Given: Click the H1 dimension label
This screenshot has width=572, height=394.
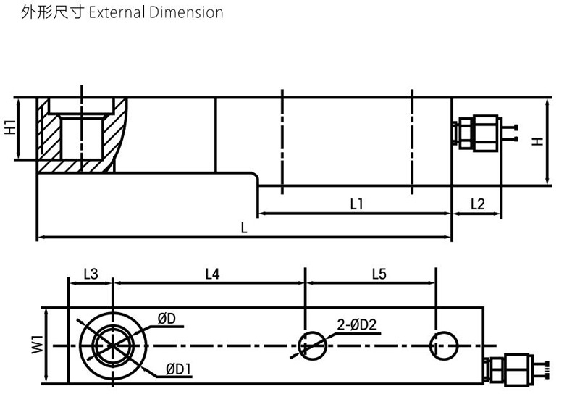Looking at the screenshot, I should (10, 127).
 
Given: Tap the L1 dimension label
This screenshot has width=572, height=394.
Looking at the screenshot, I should (356, 205).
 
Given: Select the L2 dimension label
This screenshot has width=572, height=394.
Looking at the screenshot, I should (477, 204).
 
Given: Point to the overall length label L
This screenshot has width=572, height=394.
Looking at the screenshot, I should (244, 227).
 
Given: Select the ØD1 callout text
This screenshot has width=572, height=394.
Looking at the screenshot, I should (177, 370).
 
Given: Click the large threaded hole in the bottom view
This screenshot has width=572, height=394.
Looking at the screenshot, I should (112, 344).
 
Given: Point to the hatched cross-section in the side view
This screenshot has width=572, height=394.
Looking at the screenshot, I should (51, 134).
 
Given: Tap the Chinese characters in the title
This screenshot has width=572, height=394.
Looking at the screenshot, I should (54, 12).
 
